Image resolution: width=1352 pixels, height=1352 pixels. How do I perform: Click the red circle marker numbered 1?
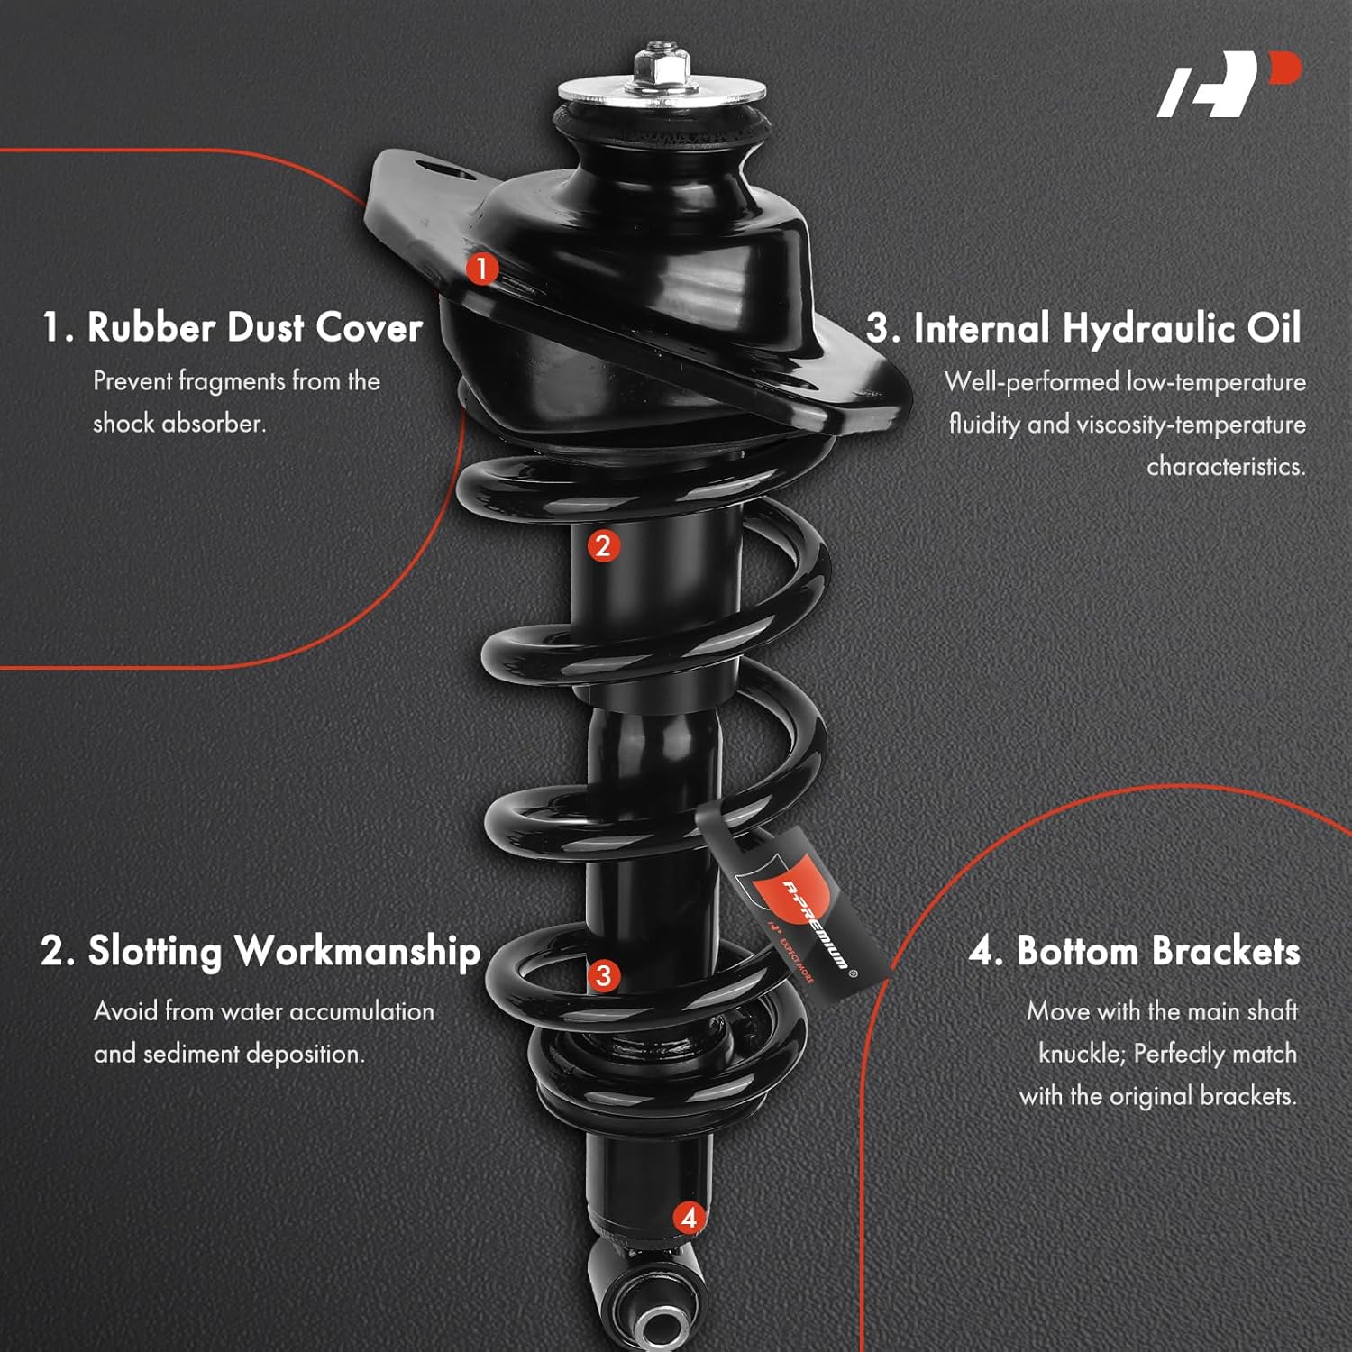click(482, 268)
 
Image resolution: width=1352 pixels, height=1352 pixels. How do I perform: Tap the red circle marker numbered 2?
click(603, 545)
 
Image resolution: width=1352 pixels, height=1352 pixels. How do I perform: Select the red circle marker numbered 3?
click(603, 975)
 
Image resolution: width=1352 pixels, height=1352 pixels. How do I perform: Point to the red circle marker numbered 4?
click(690, 1218)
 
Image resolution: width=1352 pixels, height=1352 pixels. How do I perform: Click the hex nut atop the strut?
click(662, 64)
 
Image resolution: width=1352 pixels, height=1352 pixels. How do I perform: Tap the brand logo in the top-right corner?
click(1229, 84)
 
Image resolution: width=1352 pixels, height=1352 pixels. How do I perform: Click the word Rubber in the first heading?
click(151, 327)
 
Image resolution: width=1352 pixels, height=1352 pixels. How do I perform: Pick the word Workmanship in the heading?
click(357, 952)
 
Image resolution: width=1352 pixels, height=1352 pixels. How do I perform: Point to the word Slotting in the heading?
click(154, 953)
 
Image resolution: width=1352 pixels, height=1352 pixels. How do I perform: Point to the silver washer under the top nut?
click(662, 91)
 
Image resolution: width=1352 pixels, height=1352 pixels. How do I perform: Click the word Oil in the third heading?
click(1274, 328)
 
